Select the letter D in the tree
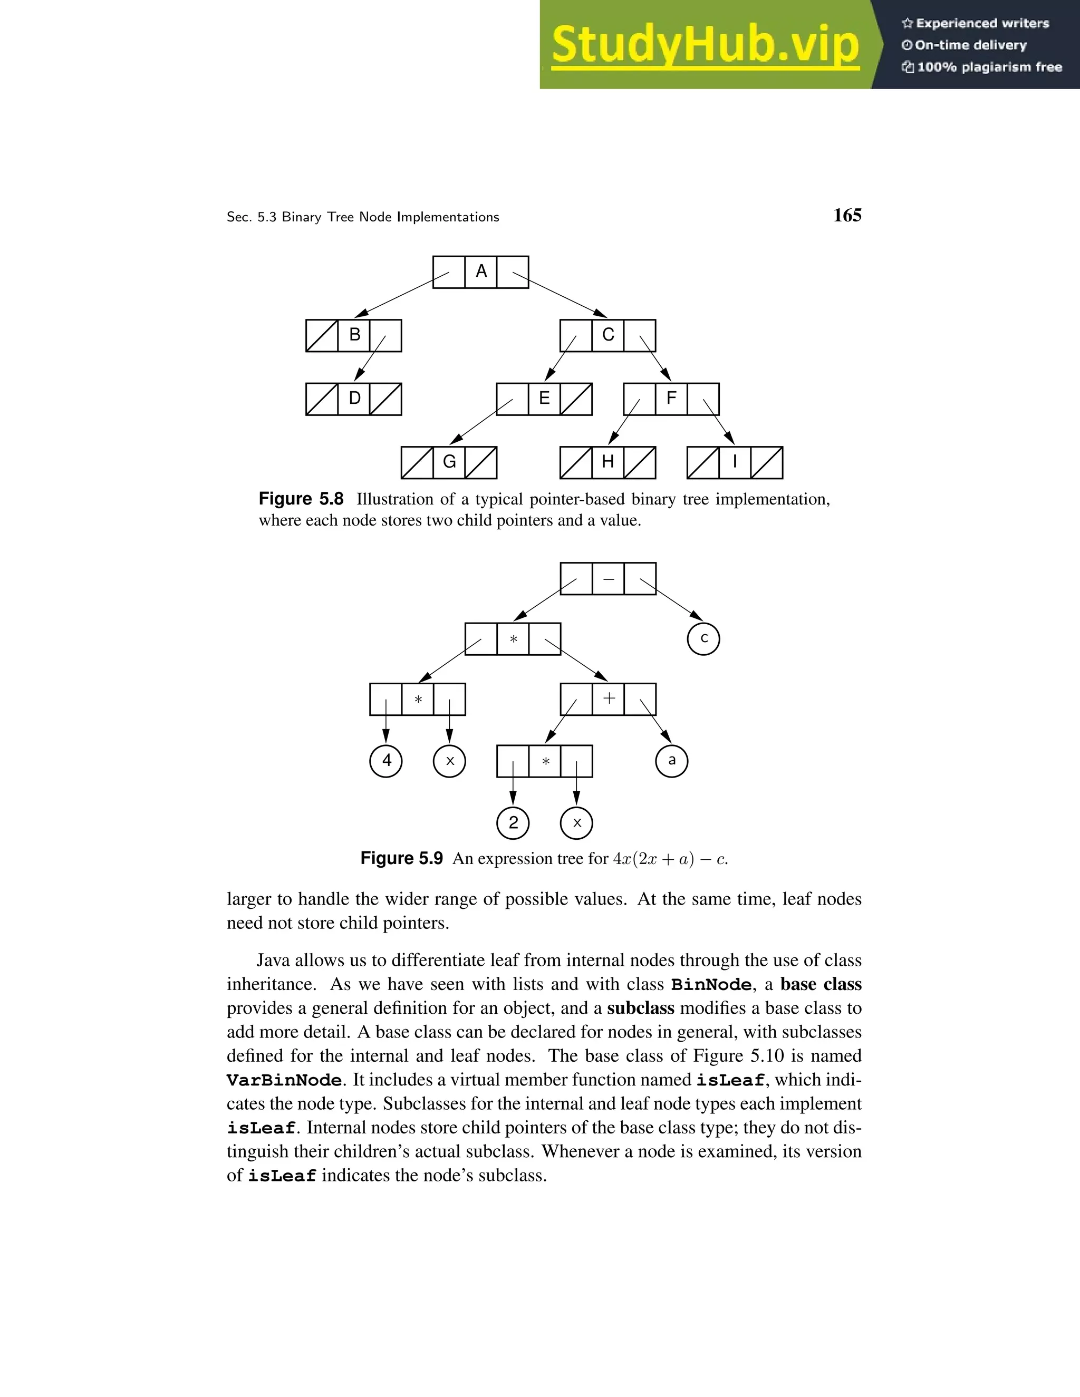354,399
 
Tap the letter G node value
449,462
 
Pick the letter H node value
608,462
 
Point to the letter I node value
735,462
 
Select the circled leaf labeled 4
387,761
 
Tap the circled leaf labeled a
672,761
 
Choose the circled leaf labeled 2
513,822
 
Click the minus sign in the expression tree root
609,579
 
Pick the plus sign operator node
609,698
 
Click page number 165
847,216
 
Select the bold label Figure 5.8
301,499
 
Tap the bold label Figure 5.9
401,858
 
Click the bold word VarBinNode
284,1080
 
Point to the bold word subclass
640,1008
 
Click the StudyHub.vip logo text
705,45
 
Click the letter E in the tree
544,399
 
